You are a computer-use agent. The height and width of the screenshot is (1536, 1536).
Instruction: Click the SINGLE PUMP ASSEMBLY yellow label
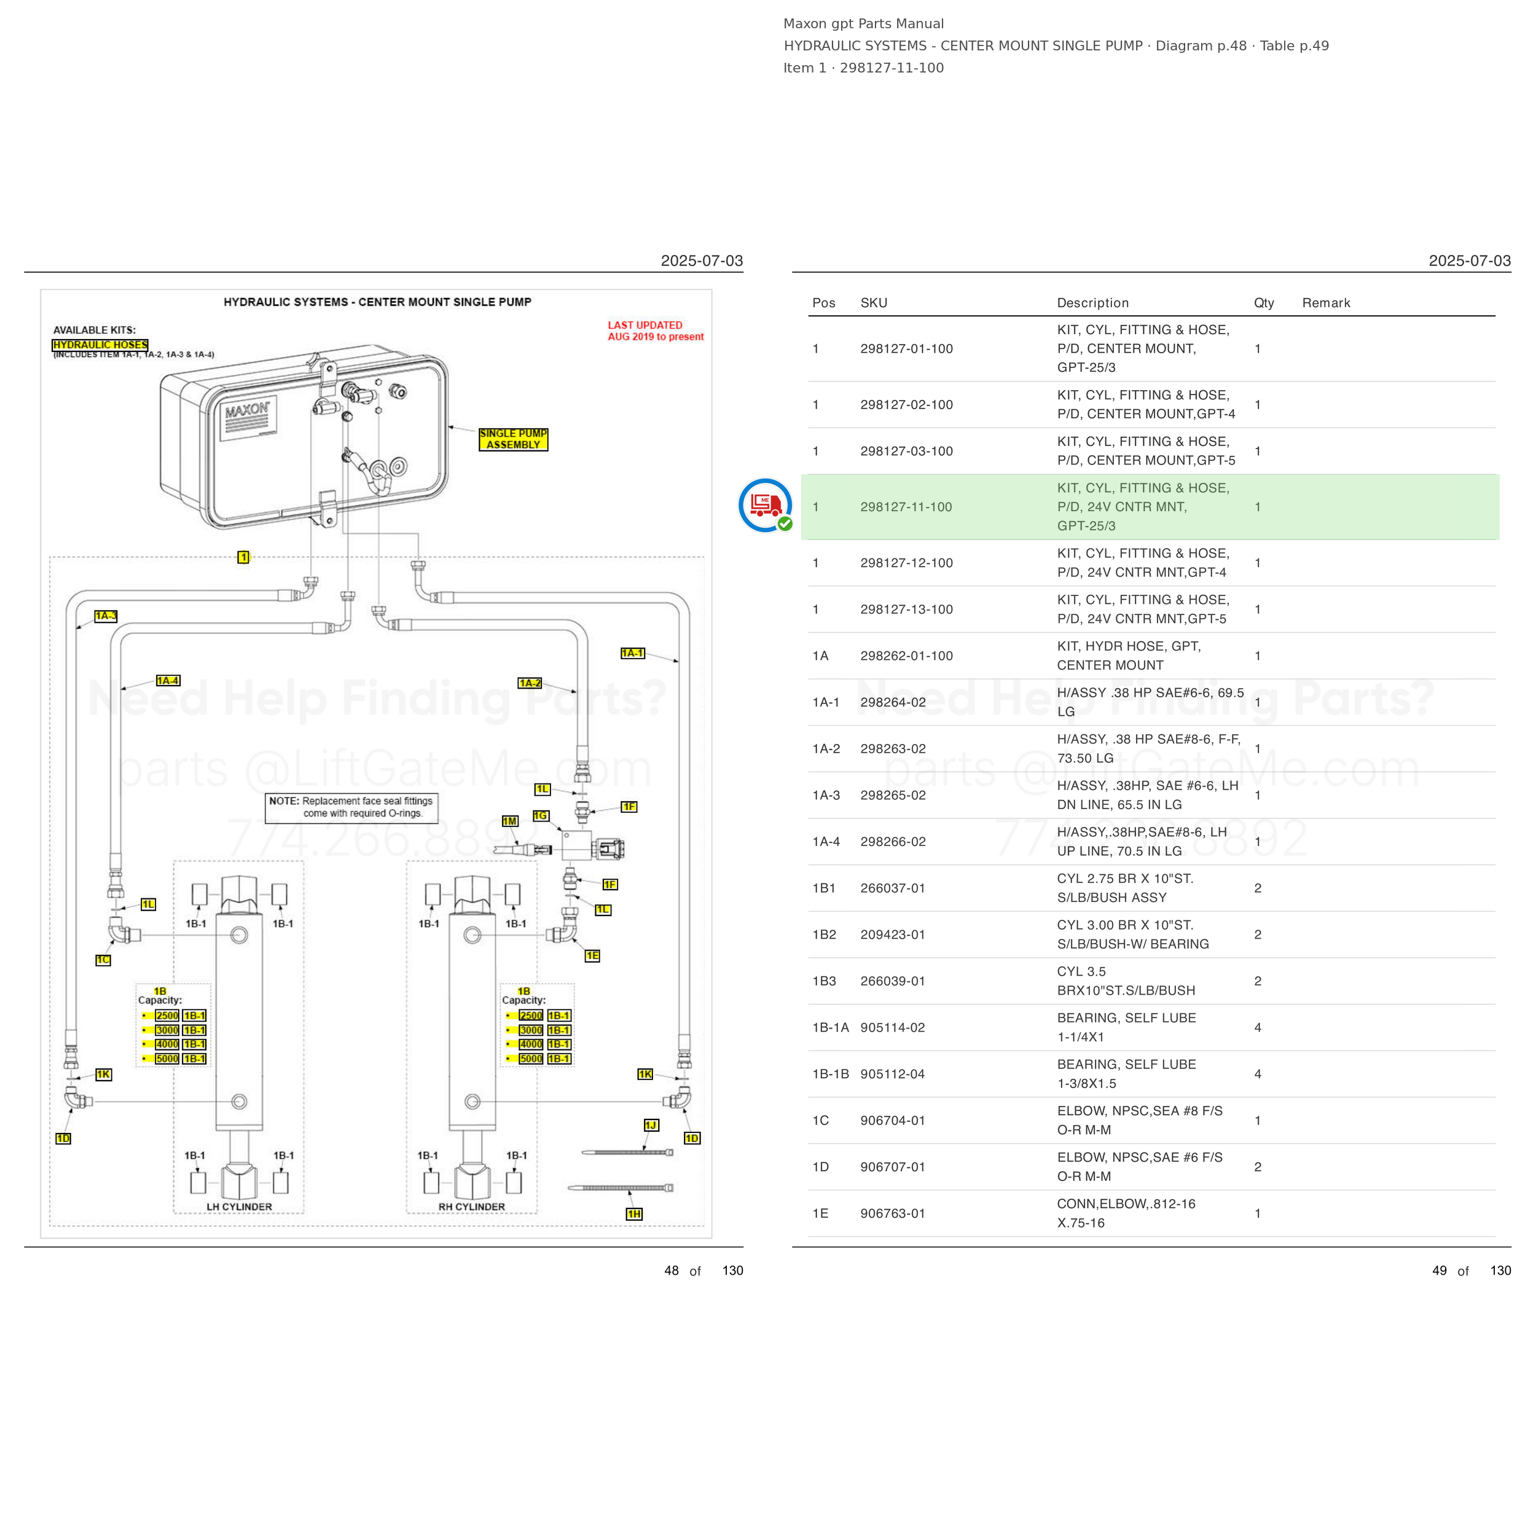pos(513,439)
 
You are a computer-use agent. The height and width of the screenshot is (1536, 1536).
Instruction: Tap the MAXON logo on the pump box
pos(246,411)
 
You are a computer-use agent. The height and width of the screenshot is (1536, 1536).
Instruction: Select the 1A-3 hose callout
pos(106,616)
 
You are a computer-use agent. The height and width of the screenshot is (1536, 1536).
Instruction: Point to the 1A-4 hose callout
pos(168,681)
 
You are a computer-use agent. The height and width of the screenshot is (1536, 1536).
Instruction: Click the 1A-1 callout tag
pos(633,654)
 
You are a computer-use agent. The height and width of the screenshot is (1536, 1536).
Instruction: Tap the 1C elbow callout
pos(103,960)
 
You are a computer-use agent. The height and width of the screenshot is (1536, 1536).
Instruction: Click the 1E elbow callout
pos(592,955)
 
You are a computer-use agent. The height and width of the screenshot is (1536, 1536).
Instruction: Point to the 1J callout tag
pos(651,1125)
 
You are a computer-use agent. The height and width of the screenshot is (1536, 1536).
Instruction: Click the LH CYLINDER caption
pos(239,1207)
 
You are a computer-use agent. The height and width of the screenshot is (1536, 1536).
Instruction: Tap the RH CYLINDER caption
pos(471,1207)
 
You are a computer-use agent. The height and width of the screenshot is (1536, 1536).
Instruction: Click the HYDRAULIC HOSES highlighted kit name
pos(100,345)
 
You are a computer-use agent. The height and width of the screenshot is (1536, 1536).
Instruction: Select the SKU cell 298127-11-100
pos(906,507)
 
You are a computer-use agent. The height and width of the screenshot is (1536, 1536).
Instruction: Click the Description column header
pos(1093,303)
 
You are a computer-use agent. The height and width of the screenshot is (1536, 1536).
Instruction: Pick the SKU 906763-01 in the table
pos(893,1213)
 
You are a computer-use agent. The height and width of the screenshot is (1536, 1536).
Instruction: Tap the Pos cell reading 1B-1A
pos(831,1027)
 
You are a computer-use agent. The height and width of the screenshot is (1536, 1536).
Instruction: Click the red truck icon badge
pos(766,506)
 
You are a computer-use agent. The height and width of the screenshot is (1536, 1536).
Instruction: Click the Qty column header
pos(1264,303)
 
